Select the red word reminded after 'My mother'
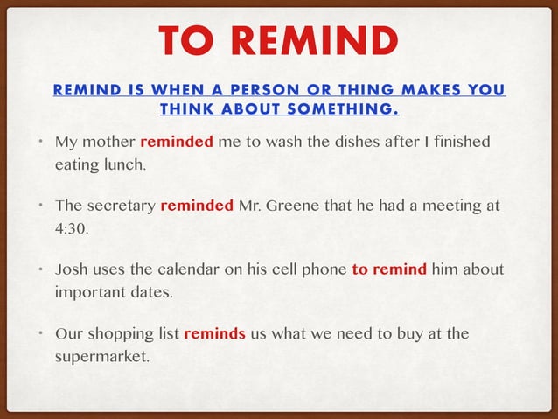pyautogui.click(x=176, y=142)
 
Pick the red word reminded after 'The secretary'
pyautogui.click(x=197, y=206)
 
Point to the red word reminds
pyautogui.click(x=214, y=334)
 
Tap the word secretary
pyautogui.click(x=121, y=206)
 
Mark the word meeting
pyautogui.click(x=452, y=206)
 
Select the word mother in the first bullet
pyautogui.click(x=109, y=142)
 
